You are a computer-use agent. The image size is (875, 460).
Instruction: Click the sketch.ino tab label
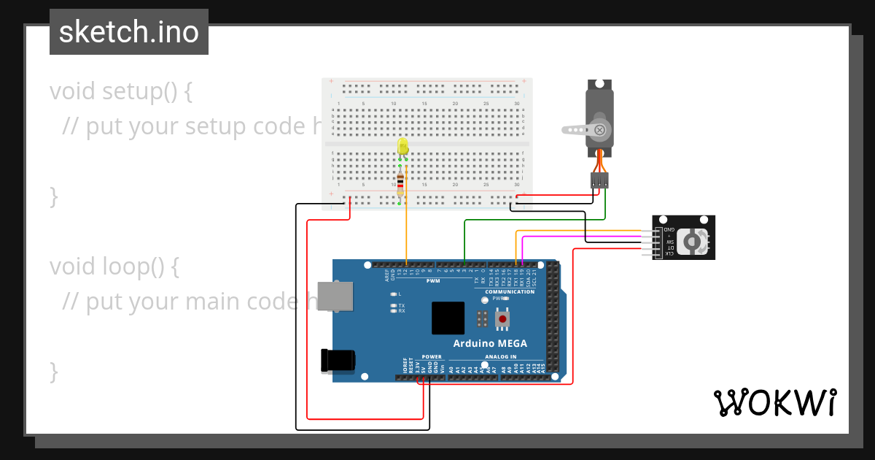(x=129, y=32)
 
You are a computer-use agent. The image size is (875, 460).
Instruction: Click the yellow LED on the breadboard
(x=402, y=147)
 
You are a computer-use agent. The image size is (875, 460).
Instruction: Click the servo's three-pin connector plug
(x=599, y=180)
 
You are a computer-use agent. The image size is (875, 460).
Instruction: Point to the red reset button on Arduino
(x=502, y=318)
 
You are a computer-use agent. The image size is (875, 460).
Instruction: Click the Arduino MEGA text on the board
(x=490, y=343)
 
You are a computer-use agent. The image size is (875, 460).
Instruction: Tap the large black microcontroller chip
(x=448, y=318)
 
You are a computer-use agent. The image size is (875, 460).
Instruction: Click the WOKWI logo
(x=774, y=402)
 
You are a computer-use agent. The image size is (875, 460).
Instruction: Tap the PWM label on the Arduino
(x=433, y=280)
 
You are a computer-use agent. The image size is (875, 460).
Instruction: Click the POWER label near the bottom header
(x=432, y=357)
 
